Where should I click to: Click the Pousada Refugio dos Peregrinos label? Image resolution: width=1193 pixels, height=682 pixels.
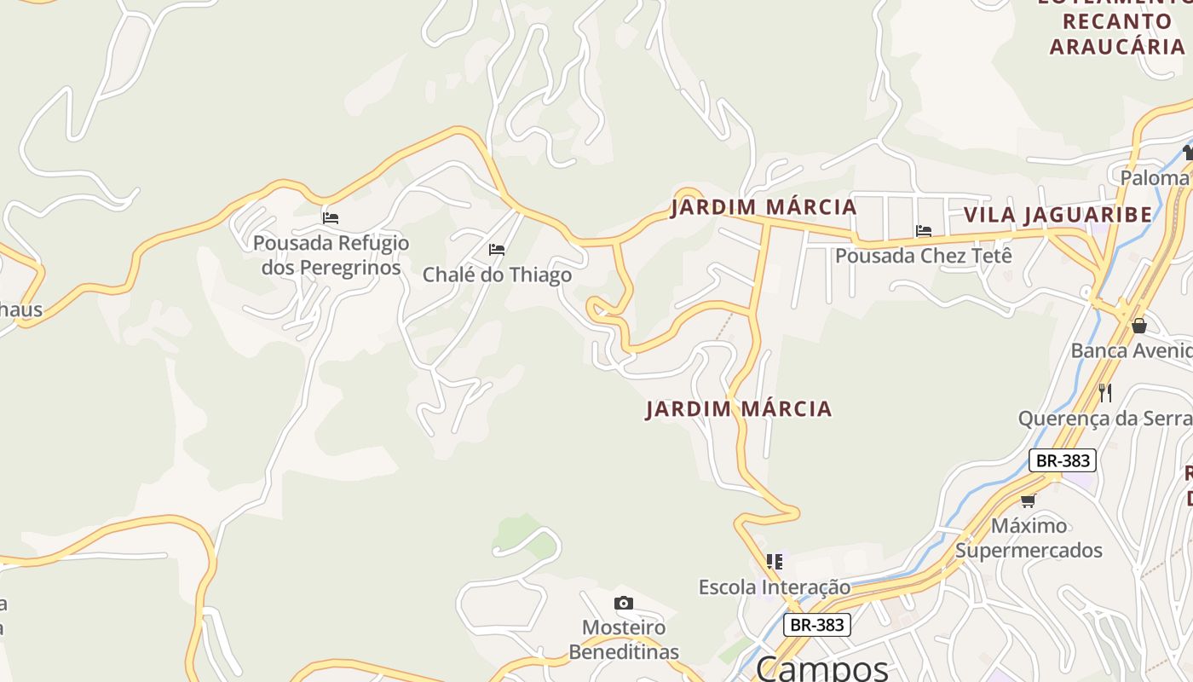coord(331,255)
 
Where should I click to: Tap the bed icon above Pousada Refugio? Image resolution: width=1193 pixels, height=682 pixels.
coord(331,218)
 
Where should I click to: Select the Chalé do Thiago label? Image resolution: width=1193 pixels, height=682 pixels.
coord(497,275)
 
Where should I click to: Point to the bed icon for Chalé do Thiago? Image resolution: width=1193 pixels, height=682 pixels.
coord(497,250)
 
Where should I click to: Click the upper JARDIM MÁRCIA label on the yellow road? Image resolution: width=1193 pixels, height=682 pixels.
coord(764,207)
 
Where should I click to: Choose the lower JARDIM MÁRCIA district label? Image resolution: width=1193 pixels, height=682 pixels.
coord(739,409)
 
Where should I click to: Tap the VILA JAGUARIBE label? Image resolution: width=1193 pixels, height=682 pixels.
coord(1058,215)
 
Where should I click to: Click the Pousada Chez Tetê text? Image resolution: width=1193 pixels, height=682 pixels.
coord(923,256)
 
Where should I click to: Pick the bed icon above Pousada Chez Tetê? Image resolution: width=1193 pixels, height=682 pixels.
coord(923,230)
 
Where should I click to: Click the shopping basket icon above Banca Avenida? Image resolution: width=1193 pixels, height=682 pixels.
coord(1139,326)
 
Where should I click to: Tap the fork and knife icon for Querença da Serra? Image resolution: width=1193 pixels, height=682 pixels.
coord(1105,392)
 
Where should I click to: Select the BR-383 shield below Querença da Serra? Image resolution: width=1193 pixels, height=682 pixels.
coord(1061,460)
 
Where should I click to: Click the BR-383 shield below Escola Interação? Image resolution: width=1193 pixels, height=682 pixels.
coord(817,625)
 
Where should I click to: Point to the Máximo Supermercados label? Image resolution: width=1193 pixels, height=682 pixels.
coord(1029,538)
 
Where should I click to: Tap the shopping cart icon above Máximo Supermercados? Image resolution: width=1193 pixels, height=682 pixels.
coord(1029,500)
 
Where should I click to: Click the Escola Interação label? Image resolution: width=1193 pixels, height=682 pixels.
coord(775,587)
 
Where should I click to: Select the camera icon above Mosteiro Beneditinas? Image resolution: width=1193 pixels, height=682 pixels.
coord(624,604)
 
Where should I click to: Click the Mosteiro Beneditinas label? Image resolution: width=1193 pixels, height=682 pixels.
coord(624,640)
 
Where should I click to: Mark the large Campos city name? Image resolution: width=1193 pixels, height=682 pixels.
coord(821,668)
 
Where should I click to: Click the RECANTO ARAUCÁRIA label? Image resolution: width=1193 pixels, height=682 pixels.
coord(1116,34)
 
